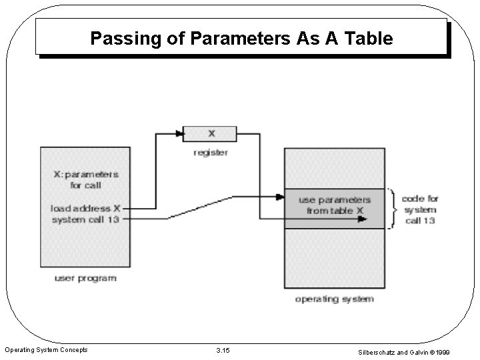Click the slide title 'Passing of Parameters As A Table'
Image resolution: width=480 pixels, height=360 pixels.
pos(241,39)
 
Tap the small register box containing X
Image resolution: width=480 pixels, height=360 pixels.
pos(210,133)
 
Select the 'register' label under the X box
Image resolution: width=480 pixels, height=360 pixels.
pos(210,153)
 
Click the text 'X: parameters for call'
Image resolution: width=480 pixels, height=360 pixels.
pos(86,180)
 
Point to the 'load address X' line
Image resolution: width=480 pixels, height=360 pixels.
pos(85,208)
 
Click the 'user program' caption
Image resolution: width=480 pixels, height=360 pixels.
pos(85,277)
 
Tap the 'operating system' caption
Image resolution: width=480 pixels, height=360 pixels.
pos(334,299)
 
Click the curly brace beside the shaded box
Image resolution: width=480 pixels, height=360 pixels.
pos(393,208)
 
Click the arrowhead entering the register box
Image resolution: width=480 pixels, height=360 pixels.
pos(179,133)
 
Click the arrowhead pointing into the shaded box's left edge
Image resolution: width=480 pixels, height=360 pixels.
pos(280,197)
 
